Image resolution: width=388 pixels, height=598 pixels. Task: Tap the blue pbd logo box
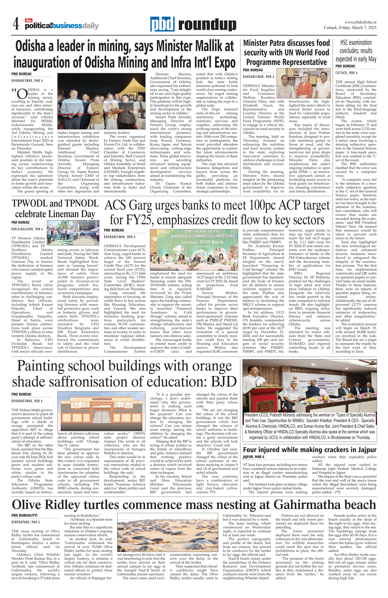(163, 24)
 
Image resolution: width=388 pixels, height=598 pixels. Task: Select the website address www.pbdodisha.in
(360, 22)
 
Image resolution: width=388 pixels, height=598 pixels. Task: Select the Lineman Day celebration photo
(73, 233)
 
